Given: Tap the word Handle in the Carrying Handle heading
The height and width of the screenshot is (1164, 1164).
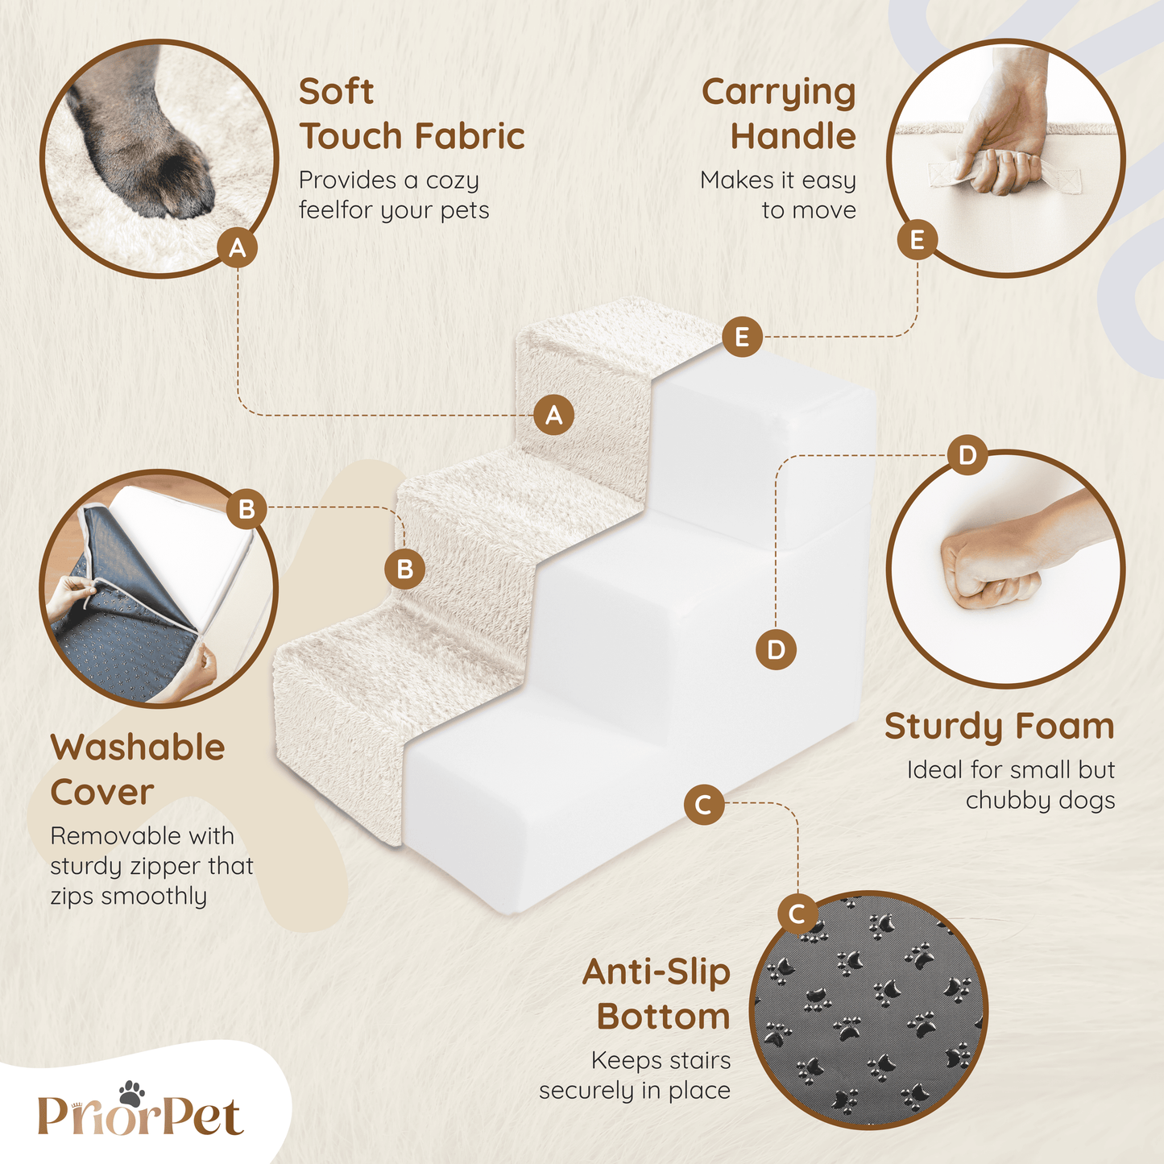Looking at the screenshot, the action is coord(793,136).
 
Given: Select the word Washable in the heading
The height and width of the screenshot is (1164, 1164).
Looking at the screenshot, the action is coord(138,748).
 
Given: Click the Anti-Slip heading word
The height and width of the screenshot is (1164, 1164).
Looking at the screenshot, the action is coord(657,972).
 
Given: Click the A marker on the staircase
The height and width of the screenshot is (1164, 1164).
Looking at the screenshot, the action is coord(554,415).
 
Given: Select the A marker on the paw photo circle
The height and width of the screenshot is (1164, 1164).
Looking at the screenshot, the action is coord(238,247).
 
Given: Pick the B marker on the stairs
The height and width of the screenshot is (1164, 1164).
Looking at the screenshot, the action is coord(404,569).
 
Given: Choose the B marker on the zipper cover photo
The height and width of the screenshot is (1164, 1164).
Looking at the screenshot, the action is coord(246,508).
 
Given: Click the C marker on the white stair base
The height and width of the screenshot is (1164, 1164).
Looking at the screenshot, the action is coord(704,805).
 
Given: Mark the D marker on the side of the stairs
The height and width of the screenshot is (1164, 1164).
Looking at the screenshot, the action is coord(776,649).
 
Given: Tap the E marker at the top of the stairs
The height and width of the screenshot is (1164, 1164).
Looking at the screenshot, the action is coord(742,337).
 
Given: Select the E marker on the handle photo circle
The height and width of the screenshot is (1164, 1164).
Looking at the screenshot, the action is coord(917,240).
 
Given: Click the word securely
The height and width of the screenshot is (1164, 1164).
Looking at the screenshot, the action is coord(587,1091).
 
